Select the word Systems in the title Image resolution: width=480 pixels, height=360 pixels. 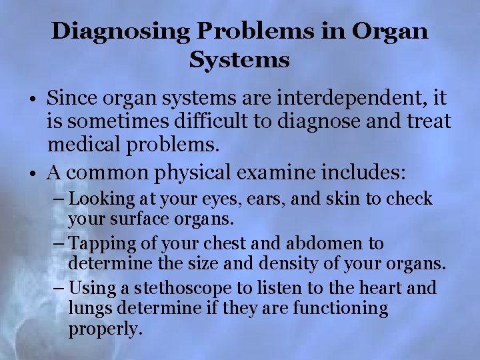(239, 61)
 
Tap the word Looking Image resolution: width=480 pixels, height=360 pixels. (100, 199)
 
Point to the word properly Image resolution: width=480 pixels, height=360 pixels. (105, 329)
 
